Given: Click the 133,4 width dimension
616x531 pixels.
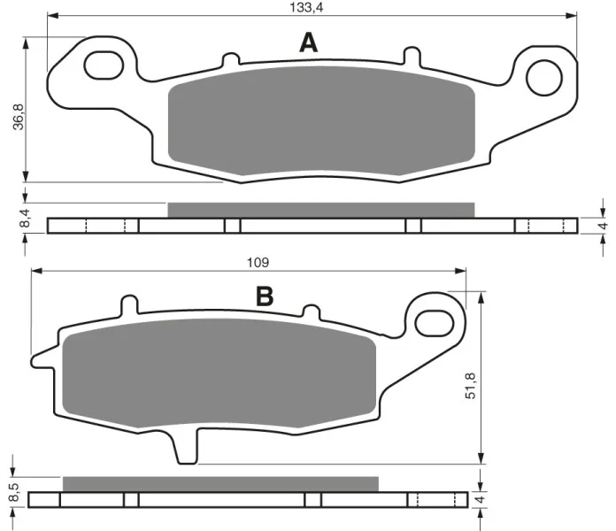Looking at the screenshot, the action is point(306,7).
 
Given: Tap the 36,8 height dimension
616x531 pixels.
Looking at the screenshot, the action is point(19,117).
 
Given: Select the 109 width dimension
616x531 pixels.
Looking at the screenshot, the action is point(258,262).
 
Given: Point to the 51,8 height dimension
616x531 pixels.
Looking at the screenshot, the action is point(470,386).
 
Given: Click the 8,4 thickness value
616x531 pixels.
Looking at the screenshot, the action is point(25,219).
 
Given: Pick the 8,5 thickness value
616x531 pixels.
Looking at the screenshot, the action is point(13,492).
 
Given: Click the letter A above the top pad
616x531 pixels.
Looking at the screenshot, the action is point(308,42).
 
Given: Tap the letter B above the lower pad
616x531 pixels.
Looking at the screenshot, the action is point(265,296).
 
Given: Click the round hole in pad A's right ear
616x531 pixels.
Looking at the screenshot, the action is point(544,78).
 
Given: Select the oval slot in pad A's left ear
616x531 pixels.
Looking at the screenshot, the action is point(104,65).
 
